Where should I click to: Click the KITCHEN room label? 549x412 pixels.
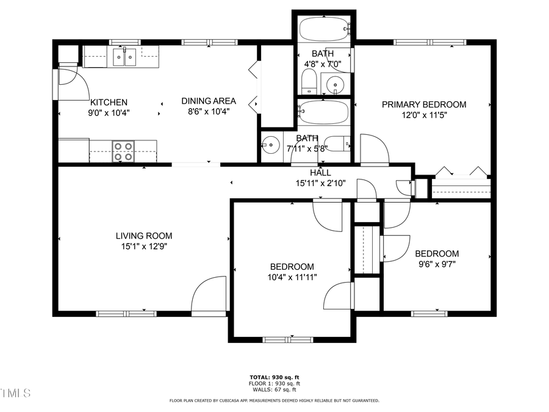(x=109, y=103)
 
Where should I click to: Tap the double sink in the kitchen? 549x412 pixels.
(x=124, y=57)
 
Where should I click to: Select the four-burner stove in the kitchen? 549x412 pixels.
(x=123, y=151)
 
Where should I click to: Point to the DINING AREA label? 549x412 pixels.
(x=208, y=101)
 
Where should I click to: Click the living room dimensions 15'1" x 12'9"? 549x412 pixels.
(x=144, y=247)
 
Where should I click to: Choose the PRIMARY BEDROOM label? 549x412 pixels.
(x=424, y=104)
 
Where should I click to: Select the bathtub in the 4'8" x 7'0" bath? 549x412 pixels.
(x=323, y=27)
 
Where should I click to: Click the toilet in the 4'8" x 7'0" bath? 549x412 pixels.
(x=309, y=81)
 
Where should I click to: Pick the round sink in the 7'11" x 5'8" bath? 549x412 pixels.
(x=269, y=146)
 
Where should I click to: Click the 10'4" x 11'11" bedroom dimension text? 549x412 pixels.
(x=292, y=277)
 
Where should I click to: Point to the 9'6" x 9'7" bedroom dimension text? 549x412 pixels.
(x=437, y=264)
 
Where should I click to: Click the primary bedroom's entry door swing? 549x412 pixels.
(x=373, y=149)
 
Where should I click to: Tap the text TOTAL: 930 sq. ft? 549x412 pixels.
(x=274, y=377)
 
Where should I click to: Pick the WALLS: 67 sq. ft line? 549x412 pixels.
(x=274, y=389)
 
